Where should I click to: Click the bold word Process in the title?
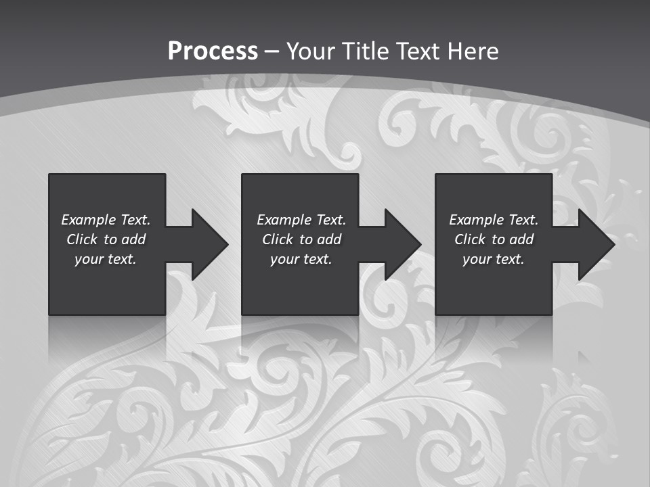pyautogui.click(x=213, y=51)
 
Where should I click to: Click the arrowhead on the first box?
pyautogui.click(x=207, y=244)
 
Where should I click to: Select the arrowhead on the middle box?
pyautogui.click(x=400, y=244)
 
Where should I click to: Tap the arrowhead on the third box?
pyautogui.click(x=593, y=244)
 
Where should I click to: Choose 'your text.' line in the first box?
pyautogui.click(x=106, y=259)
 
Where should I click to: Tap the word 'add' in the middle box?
pyautogui.click(x=329, y=239)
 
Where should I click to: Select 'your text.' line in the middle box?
pyautogui.click(x=301, y=259)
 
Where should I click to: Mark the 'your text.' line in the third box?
pyautogui.click(x=494, y=259)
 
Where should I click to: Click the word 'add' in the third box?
pyautogui.click(x=521, y=239)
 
